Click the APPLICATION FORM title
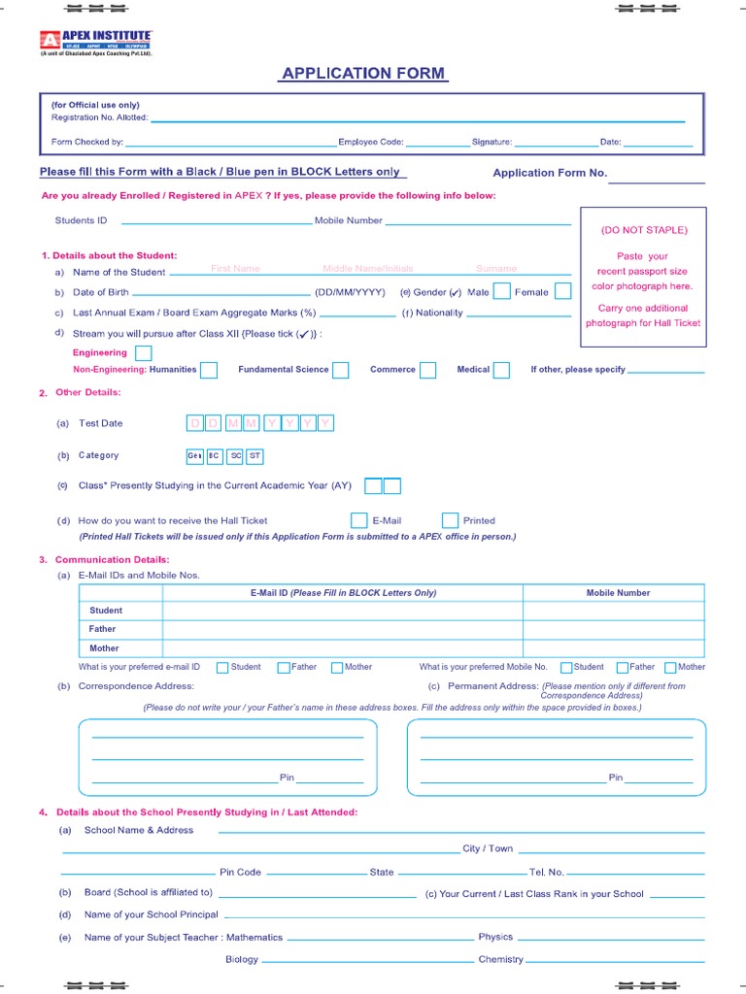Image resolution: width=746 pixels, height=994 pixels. coord(363,74)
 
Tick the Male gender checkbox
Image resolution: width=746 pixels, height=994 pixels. coord(502,291)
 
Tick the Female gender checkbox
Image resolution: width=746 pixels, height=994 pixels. coord(561,291)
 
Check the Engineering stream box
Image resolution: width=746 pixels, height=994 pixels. coord(143,353)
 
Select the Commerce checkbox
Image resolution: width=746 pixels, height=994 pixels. coord(427,370)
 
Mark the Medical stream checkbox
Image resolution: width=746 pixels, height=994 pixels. coord(501,370)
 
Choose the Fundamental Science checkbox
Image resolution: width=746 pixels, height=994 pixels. coord(340,370)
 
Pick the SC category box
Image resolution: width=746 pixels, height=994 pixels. coord(236,456)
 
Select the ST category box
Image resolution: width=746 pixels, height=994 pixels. coord(254,456)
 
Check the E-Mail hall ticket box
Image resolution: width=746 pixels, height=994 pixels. coord(358,520)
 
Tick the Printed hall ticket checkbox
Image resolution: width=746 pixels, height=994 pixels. coord(450,520)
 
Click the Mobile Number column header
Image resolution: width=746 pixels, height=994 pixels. coord(618,593)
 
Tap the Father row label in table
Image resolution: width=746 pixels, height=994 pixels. coord(102,629)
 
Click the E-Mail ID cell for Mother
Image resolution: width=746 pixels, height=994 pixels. coord(342,647)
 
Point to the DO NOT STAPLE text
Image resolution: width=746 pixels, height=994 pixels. coord(643,230)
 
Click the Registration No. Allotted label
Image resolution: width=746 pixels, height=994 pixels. coord(99,118)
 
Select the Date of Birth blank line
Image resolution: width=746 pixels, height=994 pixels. coord(220,292)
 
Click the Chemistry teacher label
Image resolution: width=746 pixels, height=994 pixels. coord(500,959)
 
